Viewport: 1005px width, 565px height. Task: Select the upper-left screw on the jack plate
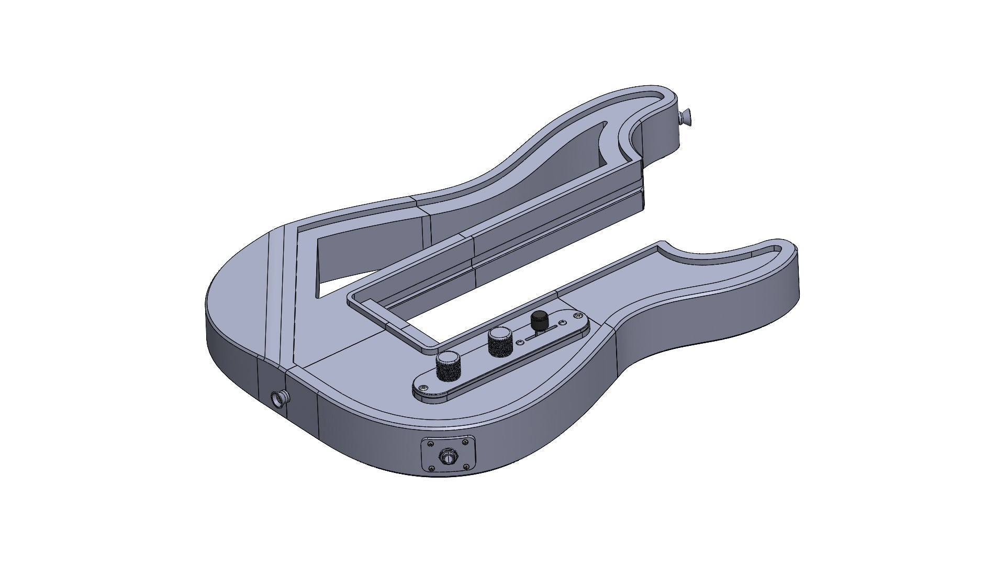click(431, 444)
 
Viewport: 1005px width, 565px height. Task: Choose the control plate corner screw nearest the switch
click(577, 315)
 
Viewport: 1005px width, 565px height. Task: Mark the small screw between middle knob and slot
click(519, 342)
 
